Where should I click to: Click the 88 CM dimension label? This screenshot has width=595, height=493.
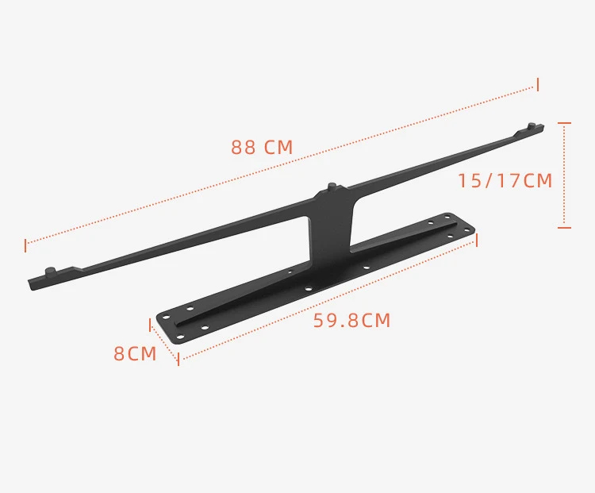[x=262, y=148]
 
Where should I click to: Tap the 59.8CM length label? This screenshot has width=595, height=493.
[x=351, y=320]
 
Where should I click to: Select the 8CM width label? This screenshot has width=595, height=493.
[x=135, y=353]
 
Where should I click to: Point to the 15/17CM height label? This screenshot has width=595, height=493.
[x=505, y=180]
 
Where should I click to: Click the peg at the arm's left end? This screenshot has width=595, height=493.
[x=51, y=272]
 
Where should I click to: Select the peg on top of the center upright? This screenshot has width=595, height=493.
[x=332, y=187]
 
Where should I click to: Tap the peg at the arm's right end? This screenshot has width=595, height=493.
[x=532, y=125]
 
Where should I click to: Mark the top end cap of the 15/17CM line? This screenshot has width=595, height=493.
[x=564, y=123]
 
